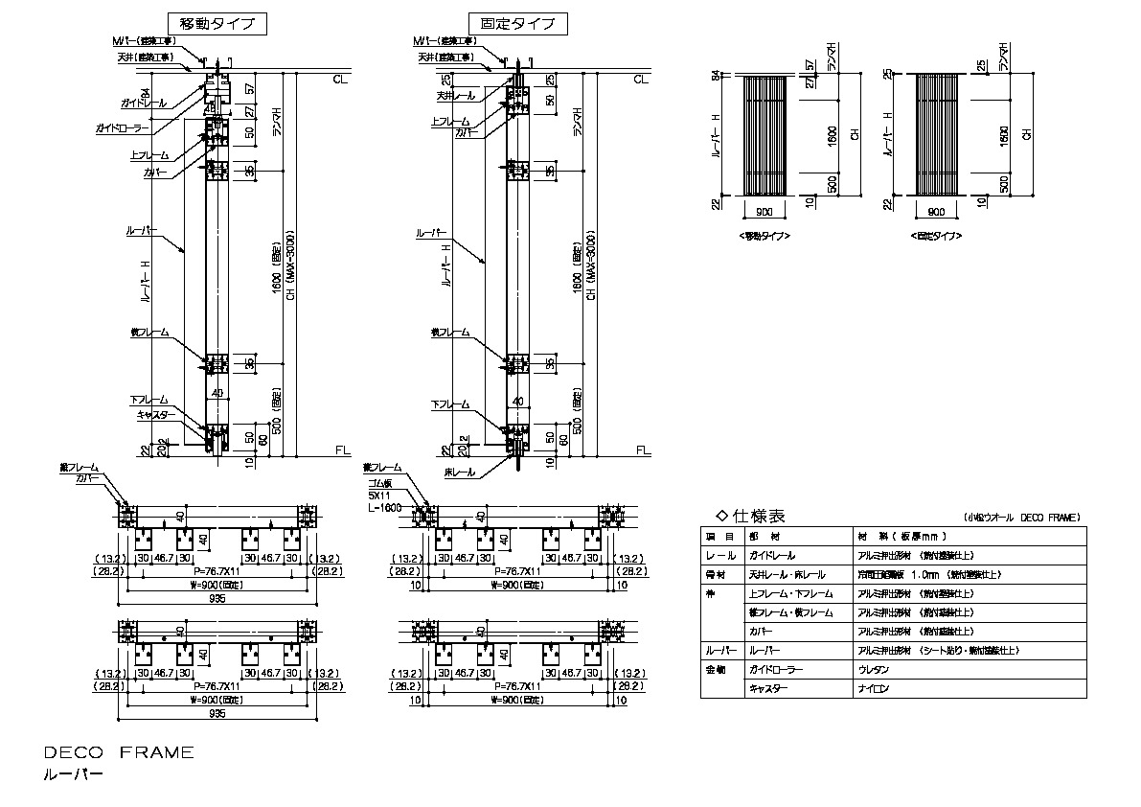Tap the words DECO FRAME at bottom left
pyautogui.click(x=119, y=752)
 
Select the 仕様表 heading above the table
pyautogui.click(x=747, y=515)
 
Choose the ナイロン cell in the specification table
pyautogui.click(x=874, y=689)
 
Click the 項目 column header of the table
pyautogui.click(x=719, y=536)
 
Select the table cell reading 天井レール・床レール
pyautogui.click(x=787, y=574)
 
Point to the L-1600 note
pyautogui.click(x=380, y=506)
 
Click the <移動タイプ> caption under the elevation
pyautogui.click(x=764, y=235)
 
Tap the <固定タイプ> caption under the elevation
pyautogui.click(x=937, y=235)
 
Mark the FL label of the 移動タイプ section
pyautogui.click(x=342, y=449)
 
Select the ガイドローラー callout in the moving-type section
pyautogui.click(x=121, y=127)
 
